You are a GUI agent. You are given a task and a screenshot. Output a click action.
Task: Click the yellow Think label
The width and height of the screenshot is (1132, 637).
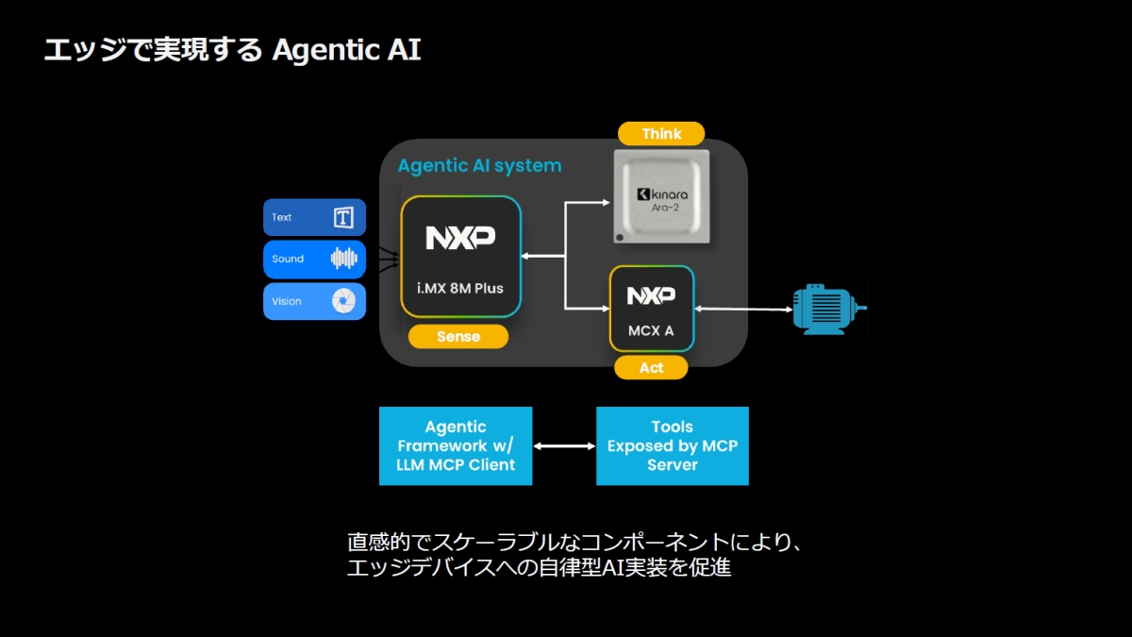(661, 134)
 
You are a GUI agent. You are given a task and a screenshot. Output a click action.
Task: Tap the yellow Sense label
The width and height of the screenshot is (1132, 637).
(458, 337)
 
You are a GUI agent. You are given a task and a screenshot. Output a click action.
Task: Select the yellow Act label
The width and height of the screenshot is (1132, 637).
(651, 368)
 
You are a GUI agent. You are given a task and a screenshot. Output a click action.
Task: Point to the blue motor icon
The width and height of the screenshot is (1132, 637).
(826, 309)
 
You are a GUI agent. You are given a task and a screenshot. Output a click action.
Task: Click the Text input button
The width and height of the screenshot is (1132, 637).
(314, 218)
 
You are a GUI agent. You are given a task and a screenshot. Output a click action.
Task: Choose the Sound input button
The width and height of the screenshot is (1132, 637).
(314, 260)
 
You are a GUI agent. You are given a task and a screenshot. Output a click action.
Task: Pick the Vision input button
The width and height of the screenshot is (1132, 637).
(314, 301)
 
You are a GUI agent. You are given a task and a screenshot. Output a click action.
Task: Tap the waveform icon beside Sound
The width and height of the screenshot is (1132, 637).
(343, 259)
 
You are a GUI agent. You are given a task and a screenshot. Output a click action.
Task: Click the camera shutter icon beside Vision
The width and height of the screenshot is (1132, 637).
(343, 301)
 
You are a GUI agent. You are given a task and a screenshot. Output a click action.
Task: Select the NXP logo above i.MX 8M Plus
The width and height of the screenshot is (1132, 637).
(460, 238)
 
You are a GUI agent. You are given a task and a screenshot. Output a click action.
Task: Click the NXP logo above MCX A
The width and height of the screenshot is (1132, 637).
(652, 296)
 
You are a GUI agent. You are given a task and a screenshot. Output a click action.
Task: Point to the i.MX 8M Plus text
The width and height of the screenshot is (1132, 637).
(460, 288)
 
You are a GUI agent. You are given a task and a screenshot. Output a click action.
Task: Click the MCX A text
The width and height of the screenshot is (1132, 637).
(652, 331)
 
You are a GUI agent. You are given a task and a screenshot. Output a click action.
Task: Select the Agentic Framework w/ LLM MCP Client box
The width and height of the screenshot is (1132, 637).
(456, 446)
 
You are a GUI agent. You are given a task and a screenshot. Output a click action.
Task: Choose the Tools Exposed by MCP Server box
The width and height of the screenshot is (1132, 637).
(673, 446)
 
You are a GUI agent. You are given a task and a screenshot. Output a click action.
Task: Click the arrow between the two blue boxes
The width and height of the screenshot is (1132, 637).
(564, 446)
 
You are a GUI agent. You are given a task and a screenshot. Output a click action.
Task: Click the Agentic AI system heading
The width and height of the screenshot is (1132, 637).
(479, 166)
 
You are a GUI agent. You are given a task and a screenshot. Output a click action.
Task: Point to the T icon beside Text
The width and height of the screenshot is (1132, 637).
(343, 218)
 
